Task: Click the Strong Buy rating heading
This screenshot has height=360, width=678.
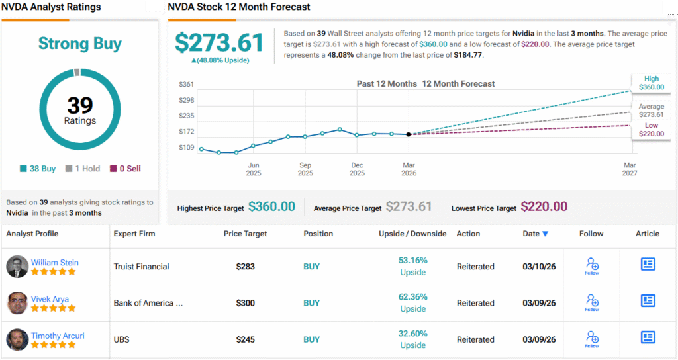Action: (x=80, y=44)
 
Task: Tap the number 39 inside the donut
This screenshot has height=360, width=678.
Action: (x=80, y=105)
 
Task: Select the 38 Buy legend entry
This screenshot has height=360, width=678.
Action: (x=38, y=169)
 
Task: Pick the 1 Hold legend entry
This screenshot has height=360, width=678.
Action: (x=83, y=169)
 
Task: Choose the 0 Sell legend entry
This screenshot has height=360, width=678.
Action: (x=125, y=169)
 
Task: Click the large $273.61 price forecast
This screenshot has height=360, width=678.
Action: (x=219, y=42)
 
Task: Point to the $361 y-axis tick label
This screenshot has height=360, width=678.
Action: (x=187, y=84)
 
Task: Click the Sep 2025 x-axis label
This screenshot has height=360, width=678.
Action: (x=305, y=169)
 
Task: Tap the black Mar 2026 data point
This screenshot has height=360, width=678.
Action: (x=409, y=134)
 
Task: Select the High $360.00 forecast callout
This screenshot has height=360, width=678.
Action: (x=650, y=83)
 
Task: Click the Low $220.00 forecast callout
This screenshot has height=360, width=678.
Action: (x=650, y=130)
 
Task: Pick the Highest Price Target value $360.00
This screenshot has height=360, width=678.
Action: (x=271, y=207)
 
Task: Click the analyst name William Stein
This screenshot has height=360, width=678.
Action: (x=55, y=263)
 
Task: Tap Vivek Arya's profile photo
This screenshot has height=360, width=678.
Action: (x=17, y=303)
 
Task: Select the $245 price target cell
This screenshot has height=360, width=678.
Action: (x=246, y=339)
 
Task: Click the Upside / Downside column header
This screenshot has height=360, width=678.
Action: (x=412, y=234)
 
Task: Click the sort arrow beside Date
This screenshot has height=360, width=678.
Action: (x=545, y=234)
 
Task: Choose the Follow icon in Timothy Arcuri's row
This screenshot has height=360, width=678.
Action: (x=591, y=338)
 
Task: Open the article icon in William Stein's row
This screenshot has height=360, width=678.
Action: (x=648, y=265)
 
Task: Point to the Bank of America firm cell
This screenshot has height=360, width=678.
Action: (x=148, y=303)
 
